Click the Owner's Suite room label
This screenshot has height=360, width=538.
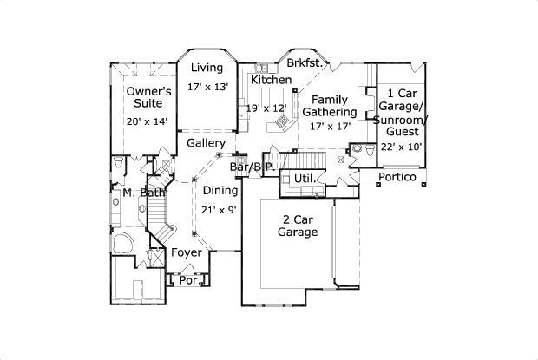tap(148, 98)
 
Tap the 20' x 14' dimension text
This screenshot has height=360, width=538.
tap(147, 122)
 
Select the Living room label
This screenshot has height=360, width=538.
tap(207, 68)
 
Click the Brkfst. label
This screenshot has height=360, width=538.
tap(305, 64)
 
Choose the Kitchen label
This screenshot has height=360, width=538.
tap(271, 80)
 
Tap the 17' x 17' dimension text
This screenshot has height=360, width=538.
tap(330, 126)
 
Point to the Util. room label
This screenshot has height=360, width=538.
tap(304, 178)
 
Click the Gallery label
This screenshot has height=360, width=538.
tap(207, 143)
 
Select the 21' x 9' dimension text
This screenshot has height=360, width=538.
tap(220, 209)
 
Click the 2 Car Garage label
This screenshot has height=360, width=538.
tap(298, 226)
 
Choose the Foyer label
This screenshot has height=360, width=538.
tap(186, 252)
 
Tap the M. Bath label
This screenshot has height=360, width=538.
tap(138, 192)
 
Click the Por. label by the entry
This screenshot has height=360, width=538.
tap(187, 280)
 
